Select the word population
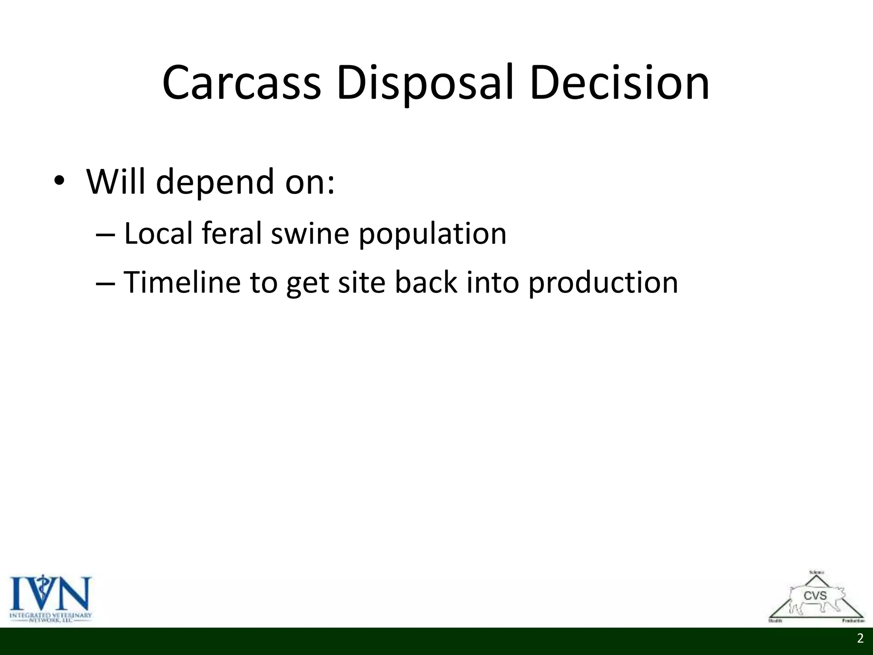click(x=433, y=235)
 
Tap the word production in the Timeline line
click(x=603, y=283)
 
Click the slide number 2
click(x=860, y=638)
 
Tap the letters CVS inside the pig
click(x=815, y=596)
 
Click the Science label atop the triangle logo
click(x=816, y=572)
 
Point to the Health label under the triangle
click(x=775, y=620)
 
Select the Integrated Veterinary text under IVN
click(x=50, y=615)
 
